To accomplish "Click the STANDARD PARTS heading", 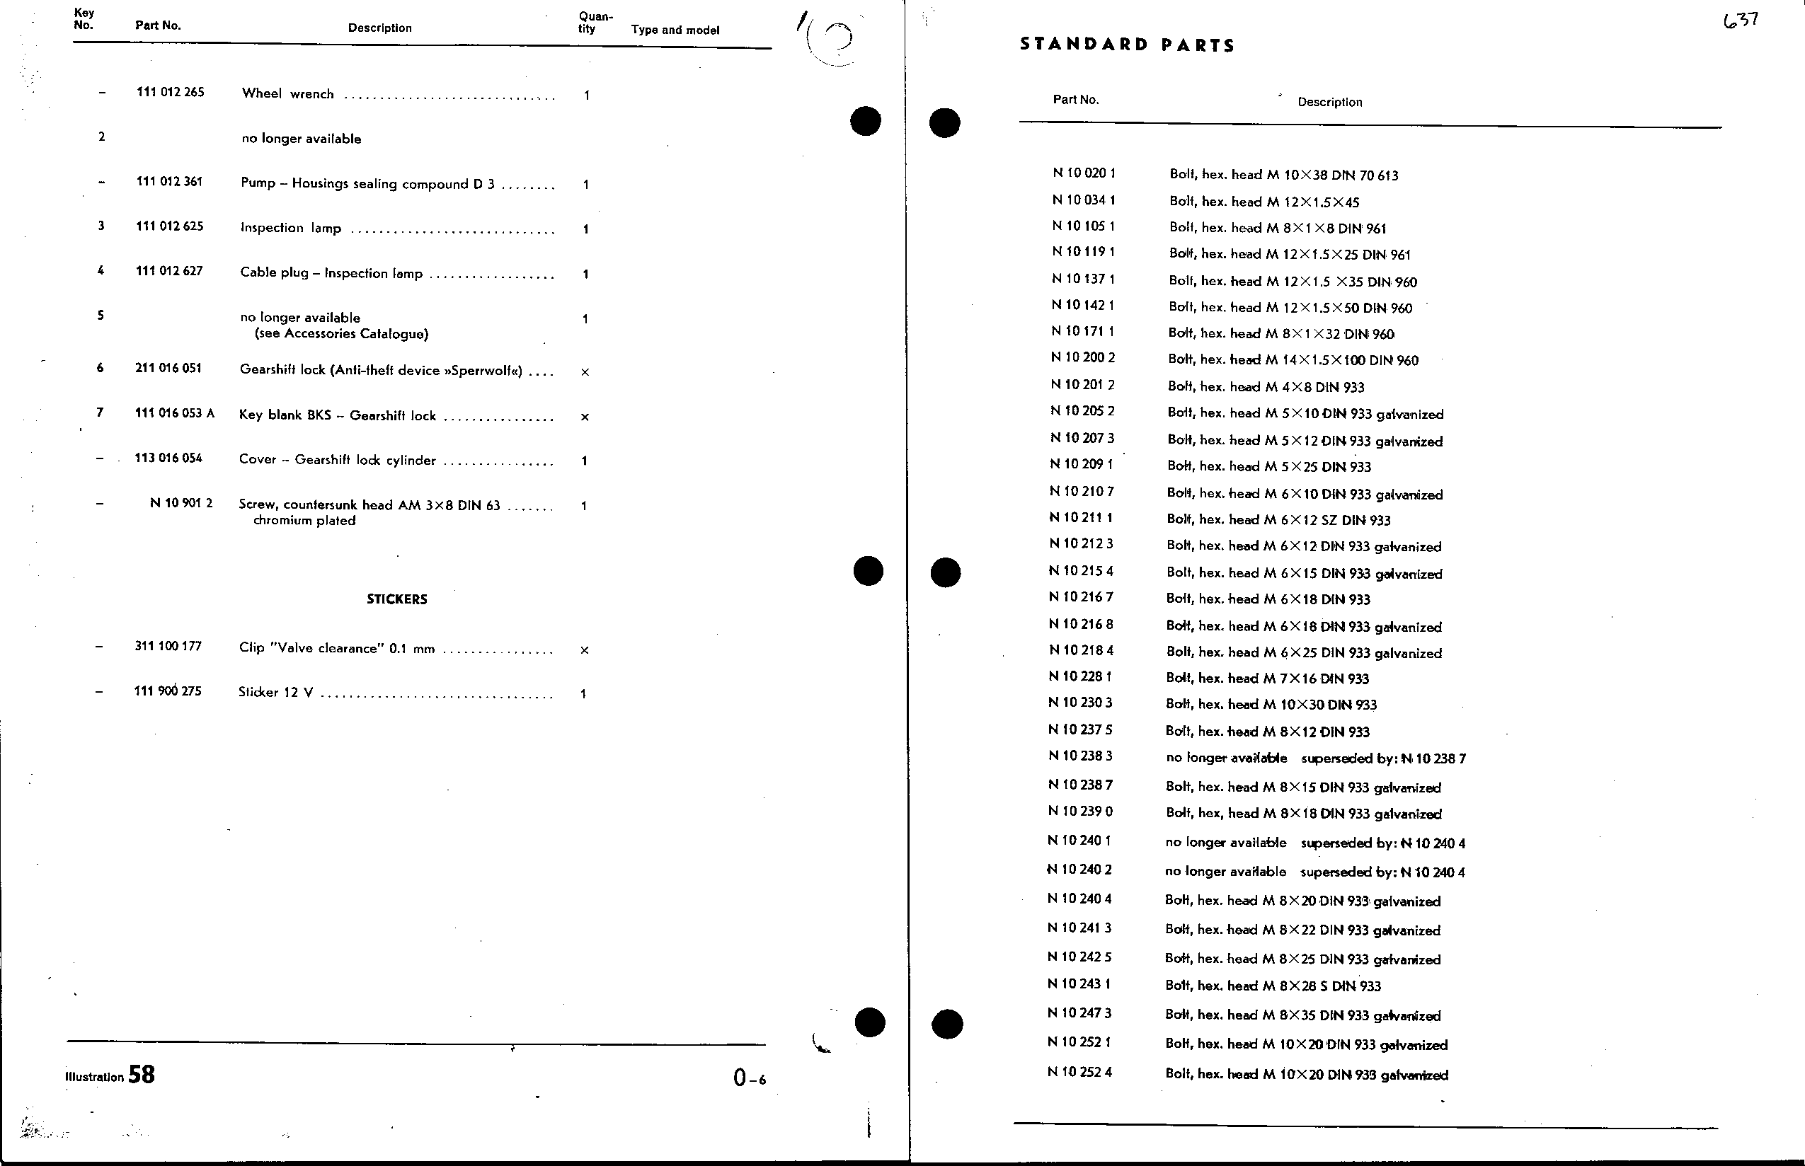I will point(1127,45).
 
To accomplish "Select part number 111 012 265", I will point(171,93).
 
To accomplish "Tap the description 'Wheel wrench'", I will point(288,94).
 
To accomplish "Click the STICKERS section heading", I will point(397,599).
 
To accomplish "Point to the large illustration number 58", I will point(142,1075).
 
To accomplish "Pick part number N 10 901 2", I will point(181,503).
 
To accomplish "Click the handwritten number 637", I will point(1741,21).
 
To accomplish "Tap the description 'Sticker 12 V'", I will point(276,692).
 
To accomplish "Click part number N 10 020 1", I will point(1084,173).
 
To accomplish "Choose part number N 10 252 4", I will point(1080,1071).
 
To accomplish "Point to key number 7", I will point(100,412).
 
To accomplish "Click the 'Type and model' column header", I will point(675,30).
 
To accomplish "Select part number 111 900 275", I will point(168,691).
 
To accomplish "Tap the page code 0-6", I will point(749,1078).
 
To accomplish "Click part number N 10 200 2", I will point(1083,357).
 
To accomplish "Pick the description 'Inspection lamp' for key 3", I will point(291,228).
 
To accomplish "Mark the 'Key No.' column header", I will point(84,19).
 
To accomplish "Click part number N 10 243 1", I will point(1079,983).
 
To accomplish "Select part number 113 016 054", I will point(168,458).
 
